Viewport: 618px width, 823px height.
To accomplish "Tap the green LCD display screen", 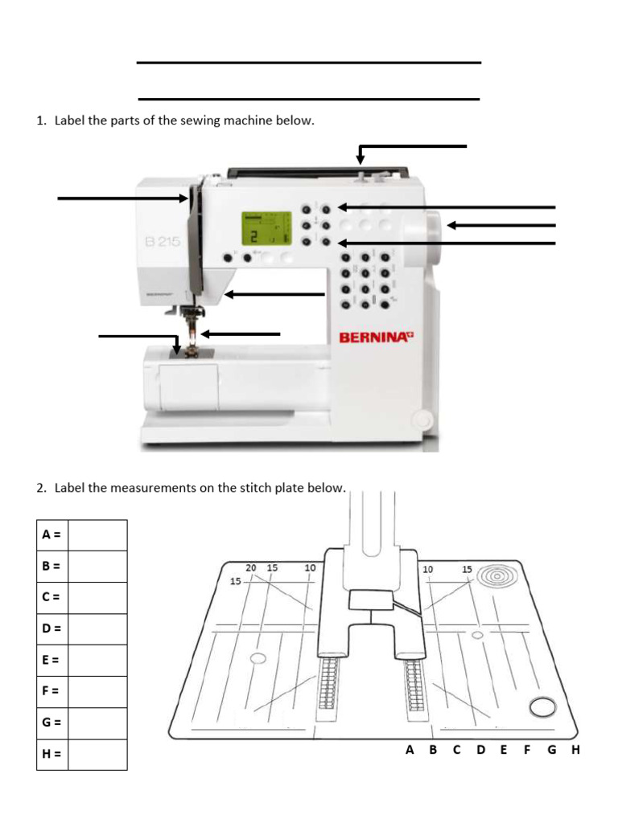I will [x=266, y=229].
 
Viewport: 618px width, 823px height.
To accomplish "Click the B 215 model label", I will [x=163, y=241].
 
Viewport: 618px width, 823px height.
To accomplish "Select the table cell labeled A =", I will [x=52, y=534].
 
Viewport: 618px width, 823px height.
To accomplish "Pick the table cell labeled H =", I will [x=52, y=755].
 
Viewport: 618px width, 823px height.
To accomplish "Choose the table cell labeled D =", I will [x=52, y=629].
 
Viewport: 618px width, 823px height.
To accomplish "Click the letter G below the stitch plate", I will [x=551, y=750].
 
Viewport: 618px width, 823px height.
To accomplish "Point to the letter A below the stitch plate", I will [x=410, y=750].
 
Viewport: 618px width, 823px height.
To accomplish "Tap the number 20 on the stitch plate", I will [x=251, y=567].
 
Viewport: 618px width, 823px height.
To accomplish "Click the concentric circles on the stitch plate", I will [x=490, y=577].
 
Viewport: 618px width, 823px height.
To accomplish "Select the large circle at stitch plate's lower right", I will [x=543, y=707].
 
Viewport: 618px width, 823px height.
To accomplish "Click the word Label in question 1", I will [x=70, y=121].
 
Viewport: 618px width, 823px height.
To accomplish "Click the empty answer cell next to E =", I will [x=97, y=660].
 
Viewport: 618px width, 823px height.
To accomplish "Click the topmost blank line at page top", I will [x=309, y=62].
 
